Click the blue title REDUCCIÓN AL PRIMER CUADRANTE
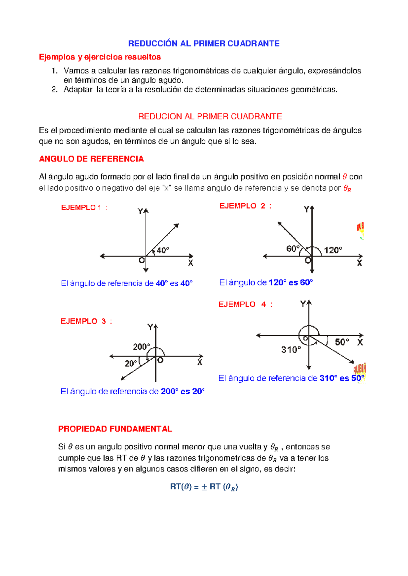204,43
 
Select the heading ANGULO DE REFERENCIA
91,159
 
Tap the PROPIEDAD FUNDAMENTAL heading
115,429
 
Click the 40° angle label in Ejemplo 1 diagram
163,250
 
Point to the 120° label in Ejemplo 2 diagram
333,250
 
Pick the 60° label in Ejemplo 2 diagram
293,249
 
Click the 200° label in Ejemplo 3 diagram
141,347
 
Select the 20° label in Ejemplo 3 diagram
131,363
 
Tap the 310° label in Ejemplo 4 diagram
291,349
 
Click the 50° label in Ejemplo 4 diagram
342,342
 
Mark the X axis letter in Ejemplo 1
191,263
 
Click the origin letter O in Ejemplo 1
142,261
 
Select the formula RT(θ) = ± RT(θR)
204,487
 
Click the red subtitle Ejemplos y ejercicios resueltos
100,57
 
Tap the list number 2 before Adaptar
54,90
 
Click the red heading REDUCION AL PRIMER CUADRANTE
210,116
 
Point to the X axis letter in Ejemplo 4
360,342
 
